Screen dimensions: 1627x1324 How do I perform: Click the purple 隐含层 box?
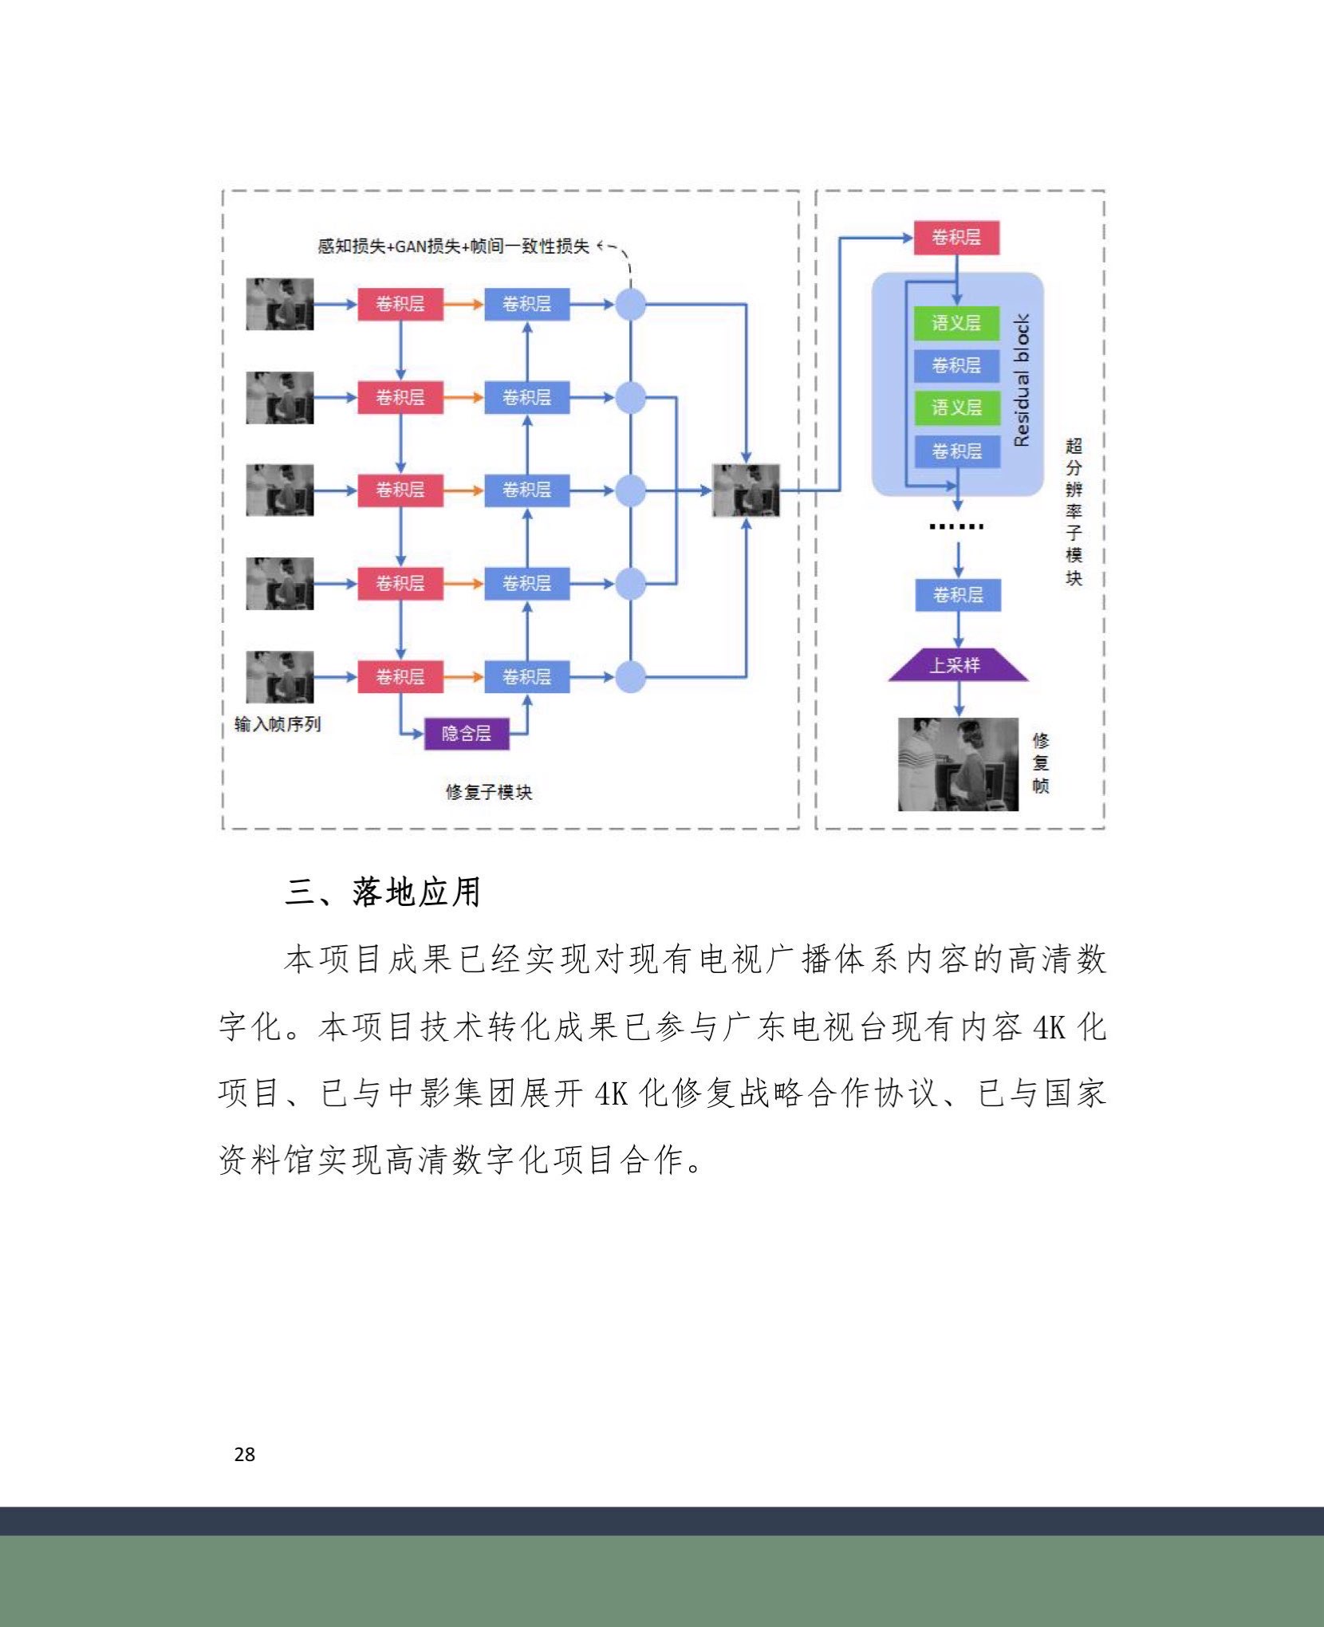(466, 733)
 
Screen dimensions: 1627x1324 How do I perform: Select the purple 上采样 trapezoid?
(958, 664)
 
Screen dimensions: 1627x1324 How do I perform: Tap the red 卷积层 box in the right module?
(956, 238)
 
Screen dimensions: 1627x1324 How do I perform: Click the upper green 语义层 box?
(956, 323)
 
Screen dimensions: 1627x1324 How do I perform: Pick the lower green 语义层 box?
(956, 408)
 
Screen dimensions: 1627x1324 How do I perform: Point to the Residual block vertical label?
(1022, 380)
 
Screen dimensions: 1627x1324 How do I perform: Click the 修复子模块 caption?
(488, 792)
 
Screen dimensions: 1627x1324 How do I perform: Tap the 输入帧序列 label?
(278, 724)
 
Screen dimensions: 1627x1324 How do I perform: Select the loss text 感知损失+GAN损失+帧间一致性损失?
(453, 246)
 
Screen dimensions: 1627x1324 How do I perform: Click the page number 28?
(245, 1454)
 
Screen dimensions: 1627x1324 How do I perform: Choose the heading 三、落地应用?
(383, 892)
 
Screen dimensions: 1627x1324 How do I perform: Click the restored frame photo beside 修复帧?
(958, 764)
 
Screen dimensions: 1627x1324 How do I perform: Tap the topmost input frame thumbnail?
(279, 304)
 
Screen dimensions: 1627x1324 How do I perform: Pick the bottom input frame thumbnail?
(279, 677)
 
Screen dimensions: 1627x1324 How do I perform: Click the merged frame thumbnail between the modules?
(746, 490)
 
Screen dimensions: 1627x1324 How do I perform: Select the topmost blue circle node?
(631, 304)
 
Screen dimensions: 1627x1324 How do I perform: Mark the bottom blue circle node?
(631, 677)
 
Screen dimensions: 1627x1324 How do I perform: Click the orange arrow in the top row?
(463, 304)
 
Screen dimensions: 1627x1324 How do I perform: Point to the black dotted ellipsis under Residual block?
(957, 526)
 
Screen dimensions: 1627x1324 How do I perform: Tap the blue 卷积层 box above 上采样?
(958, 595)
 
